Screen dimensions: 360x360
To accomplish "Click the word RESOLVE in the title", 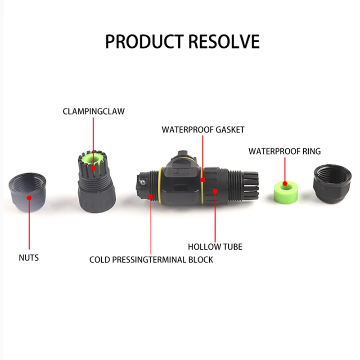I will pyautogui.click(x=224, y=41).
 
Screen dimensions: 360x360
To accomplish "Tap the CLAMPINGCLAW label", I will pyautogui.click(x=94, y=111).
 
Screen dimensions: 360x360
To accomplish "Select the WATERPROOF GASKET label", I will pyautogui.click(x=203, y=130).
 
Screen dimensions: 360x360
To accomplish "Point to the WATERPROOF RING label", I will pyautogui.click(x=284, y=151).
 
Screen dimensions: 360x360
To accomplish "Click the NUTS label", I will pyautogui.click(x=29, y=258).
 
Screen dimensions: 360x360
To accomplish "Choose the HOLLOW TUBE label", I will pyautogui.click(x=215, y=247).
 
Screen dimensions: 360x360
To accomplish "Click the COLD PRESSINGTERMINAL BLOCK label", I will pyautogui.click(x=151, y=260).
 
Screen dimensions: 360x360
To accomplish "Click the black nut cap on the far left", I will pyautogui.click(x=29, y=192).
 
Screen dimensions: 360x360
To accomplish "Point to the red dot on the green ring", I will pyautogui.click(x=284, y=184).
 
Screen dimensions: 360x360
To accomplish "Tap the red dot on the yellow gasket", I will pyautogui.click(x=203, y=179).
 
